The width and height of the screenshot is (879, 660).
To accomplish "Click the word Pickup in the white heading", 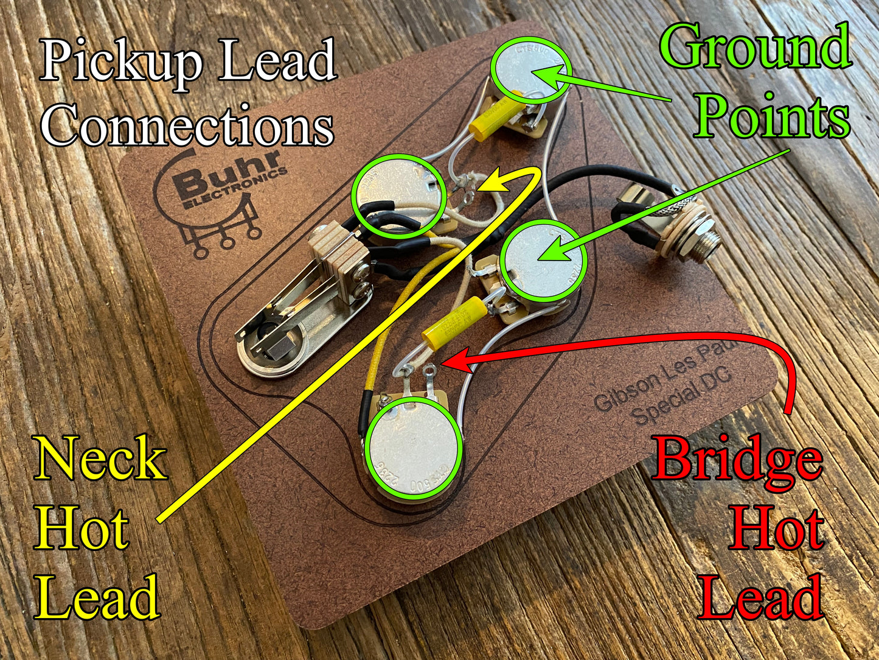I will pos(121,63).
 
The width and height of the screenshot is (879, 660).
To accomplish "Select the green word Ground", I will pos(755,47).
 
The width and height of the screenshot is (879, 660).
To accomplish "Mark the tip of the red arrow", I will pos(443,363).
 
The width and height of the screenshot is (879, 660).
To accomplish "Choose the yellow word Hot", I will pos(82,528).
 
